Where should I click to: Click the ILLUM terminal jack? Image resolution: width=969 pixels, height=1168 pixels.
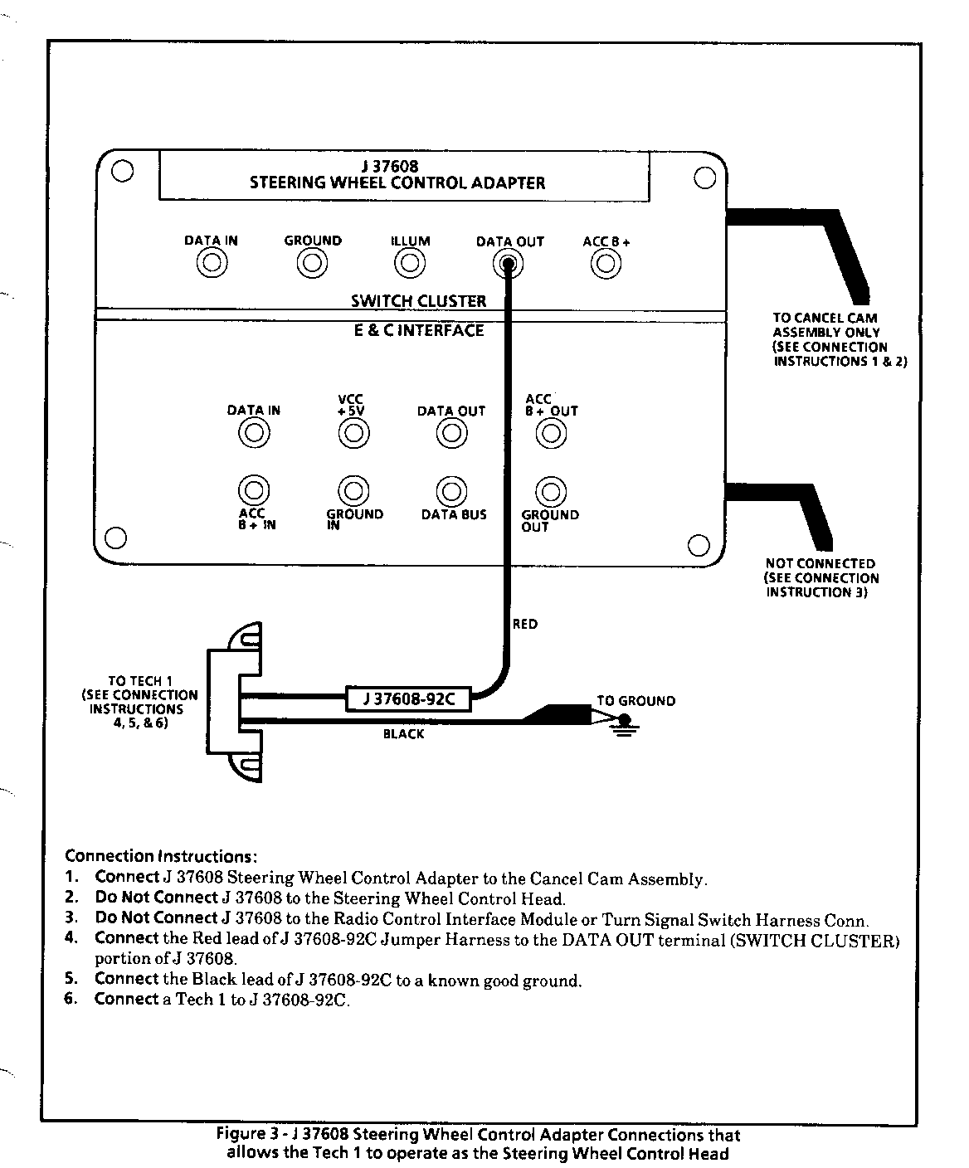[410, 264]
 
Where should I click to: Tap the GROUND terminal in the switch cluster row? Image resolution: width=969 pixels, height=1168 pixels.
[312, 264]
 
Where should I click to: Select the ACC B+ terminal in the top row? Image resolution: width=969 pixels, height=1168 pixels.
[606, 264]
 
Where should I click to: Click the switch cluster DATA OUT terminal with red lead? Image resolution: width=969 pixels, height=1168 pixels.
[508, 264]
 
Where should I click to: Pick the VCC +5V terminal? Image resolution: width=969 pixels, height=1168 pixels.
[353, 432]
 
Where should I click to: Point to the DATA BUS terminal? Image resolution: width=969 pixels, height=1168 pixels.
[451, 492]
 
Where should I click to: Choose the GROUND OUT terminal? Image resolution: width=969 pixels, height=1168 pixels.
[550, 492]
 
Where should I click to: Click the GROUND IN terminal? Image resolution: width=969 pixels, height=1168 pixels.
[353, 491]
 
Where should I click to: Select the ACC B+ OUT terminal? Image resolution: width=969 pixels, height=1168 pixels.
[551, 432]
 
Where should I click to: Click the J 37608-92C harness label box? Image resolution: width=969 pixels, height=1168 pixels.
[408, 699]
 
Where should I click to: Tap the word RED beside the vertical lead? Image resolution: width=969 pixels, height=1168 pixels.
[525, 624]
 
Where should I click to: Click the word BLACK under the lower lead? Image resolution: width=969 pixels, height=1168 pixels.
[403, 734]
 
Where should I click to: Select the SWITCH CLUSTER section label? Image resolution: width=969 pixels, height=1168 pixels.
[418, 301]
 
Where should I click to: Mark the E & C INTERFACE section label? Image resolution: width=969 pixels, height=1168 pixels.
[418, 330]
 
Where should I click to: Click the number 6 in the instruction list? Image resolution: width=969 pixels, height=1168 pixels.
[71, 999]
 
